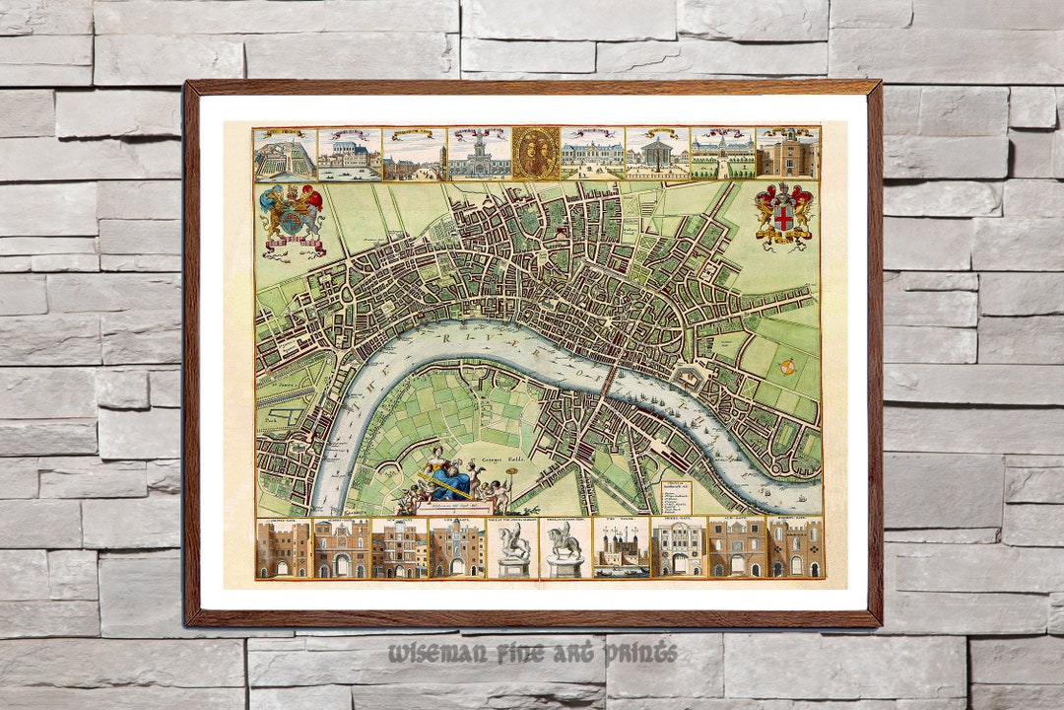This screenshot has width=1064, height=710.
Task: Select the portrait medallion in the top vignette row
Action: pyautogui.click(x=536, y=153)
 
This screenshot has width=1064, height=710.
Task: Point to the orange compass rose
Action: pyautogui.click(x=787, y=367)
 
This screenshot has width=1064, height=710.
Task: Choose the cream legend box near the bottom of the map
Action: pyautogui.click(x=676, y=496)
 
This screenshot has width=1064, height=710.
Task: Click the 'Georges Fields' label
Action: pyautogui.click(x=486, y=461)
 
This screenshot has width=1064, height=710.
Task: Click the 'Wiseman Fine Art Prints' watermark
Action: pyautogui.click(x=532, y=653)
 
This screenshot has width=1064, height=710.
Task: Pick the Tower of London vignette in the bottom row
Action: pyautogui.click(x=622, y=548)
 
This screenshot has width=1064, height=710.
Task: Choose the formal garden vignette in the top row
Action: pyautogui.click(x=285, y=154)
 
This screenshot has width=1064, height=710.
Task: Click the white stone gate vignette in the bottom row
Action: pyautogui.click(x=678, y=548)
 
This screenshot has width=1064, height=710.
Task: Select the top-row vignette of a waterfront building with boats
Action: pyautogui.click(x=350, y=154)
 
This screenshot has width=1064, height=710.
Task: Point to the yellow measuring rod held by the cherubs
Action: pyautogui.click(x=448, y=484)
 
